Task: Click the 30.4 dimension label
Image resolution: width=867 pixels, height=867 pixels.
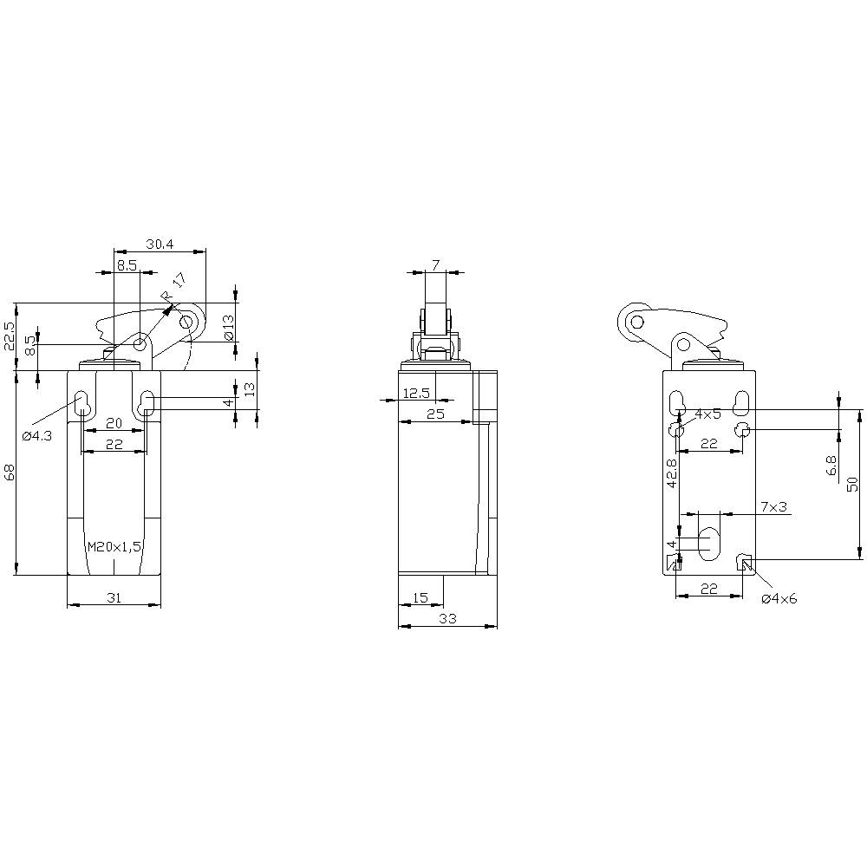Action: point(160,244)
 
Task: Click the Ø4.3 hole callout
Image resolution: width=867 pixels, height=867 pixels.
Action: point(36,435)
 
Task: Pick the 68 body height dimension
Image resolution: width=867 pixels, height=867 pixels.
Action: point(10,473)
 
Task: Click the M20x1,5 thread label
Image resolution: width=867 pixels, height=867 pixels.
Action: point(114,546)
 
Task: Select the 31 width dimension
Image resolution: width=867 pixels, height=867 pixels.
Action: point(113,597)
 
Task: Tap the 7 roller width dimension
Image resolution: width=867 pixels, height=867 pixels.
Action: point(435,264)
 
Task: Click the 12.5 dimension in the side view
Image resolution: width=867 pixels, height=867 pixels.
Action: point(417,394)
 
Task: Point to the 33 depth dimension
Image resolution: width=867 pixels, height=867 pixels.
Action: point(447,619)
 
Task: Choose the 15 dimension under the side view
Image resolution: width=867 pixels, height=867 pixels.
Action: point(420,597)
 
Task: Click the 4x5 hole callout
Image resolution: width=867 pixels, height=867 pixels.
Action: point(707,414)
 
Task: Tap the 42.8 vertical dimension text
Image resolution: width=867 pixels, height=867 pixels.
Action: point(670,474)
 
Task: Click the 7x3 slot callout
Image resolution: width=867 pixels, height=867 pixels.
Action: point(772,506)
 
